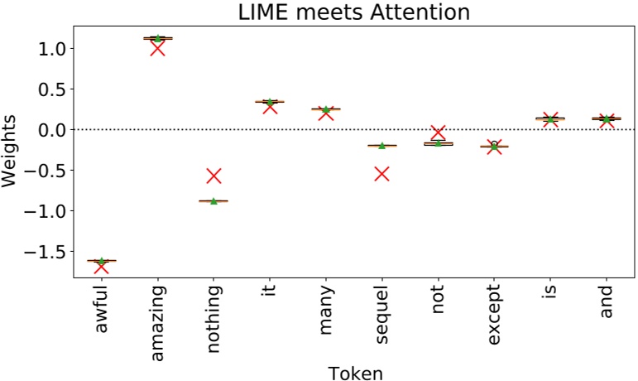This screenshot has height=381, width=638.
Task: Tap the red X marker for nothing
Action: [x=213, y=175]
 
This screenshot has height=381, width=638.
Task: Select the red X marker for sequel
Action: [x=381, y=173]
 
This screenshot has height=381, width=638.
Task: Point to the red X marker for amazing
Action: [x=157, y=49]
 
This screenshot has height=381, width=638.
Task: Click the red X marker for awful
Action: [x=101, y=266]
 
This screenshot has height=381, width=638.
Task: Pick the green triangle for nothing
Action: [x=213, y=201]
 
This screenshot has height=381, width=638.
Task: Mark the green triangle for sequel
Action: [x=381, y=146]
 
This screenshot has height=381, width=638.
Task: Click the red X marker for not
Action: [x=438, y=133]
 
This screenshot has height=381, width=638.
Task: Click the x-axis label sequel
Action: [x=381, y=313]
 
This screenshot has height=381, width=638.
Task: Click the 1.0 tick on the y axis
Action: [x=53, y=49]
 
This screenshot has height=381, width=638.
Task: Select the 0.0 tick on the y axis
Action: [x=53, y=130]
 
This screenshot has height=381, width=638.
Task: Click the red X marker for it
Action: [x=269, y=106]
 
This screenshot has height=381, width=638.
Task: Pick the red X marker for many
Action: [x=325, y=113]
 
